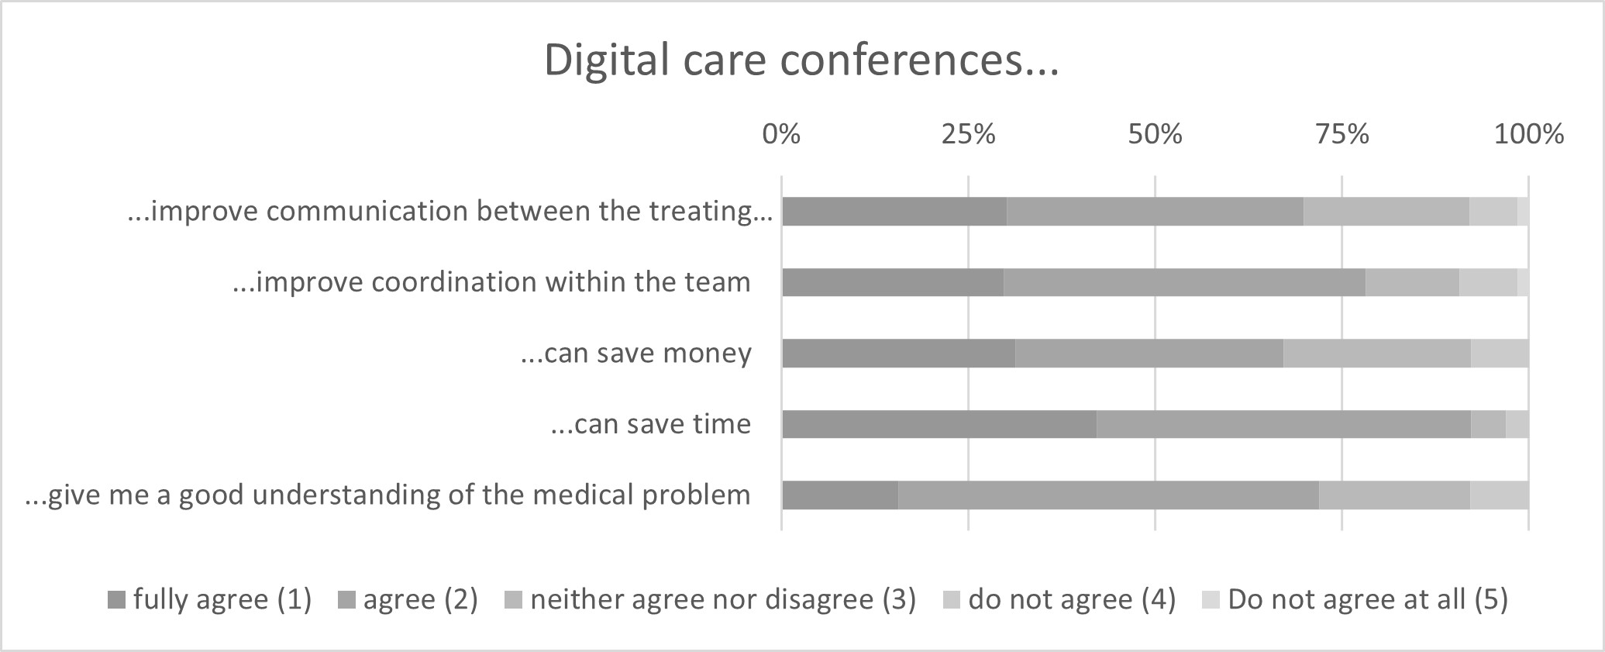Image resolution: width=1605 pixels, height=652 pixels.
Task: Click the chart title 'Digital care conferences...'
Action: [801, 60]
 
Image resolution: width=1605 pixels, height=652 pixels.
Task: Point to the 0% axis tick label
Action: [780, 135]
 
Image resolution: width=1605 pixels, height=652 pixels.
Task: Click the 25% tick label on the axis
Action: [968, 135]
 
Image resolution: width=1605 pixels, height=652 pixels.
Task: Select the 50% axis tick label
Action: [1155, 135]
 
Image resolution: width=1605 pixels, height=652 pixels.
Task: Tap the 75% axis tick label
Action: [1342, 135]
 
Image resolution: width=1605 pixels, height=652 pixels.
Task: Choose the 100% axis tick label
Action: [1528, 135]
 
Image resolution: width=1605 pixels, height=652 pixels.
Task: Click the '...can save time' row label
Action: [650, 424]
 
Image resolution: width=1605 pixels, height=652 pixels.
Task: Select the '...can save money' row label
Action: [635, 354]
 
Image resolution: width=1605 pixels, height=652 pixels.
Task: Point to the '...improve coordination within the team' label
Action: [491, 282]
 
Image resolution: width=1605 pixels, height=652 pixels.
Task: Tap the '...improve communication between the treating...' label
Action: [449, 211]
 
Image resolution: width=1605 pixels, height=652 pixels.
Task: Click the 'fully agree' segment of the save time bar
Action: [939, 424]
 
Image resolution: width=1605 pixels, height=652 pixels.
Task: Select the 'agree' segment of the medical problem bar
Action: [1108, 495]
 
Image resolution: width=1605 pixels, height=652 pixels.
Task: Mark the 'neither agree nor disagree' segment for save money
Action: [1377, 354]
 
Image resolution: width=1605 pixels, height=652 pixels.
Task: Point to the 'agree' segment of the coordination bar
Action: [1184, 282]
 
